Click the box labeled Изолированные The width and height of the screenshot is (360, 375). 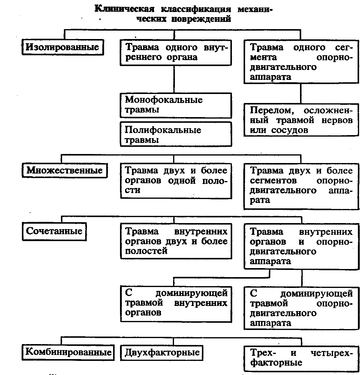[x=62, y=47]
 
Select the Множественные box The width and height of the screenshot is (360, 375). [x=64, y=171]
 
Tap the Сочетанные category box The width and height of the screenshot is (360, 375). [x=54, y=231]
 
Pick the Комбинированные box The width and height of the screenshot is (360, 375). [x=68, y=352]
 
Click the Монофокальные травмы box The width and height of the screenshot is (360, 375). [x=176, y=105]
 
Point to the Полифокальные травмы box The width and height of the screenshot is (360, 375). [x=176, y=134]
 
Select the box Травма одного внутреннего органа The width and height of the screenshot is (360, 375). [x=176, y=53]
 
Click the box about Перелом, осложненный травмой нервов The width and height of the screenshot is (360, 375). [x=301, y=120]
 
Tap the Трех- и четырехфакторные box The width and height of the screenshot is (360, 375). [x=301, y=358]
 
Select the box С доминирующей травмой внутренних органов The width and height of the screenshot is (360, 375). [x=176, y=303]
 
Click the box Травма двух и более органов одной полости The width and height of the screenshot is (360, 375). [x=176, y=180]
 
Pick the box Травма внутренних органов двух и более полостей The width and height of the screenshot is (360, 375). [x=176, y=241]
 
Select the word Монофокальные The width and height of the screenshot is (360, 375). [x=164, y=100]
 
